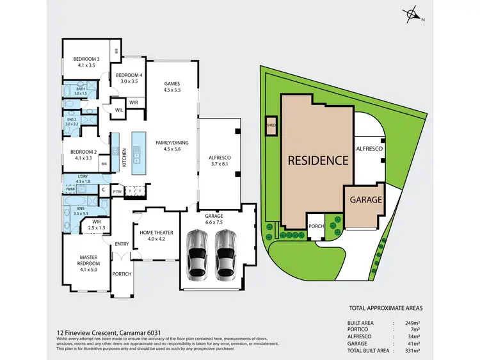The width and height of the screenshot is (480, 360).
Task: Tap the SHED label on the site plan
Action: tap(270, 126)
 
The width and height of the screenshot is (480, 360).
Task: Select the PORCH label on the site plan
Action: tap(316, 225)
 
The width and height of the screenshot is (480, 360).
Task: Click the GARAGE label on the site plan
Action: tap(365, 199)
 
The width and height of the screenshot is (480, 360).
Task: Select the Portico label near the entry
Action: tap(122, 274)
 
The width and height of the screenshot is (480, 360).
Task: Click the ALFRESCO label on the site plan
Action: tap(369, 149)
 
